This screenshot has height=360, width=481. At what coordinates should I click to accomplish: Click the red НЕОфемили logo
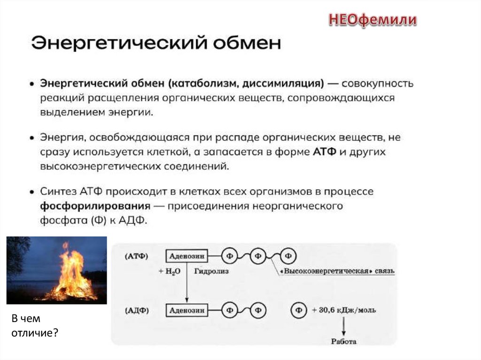[372, 20]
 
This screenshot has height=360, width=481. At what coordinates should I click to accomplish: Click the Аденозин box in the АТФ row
[186, 256]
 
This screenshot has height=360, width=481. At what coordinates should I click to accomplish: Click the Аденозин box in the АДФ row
[186, 310]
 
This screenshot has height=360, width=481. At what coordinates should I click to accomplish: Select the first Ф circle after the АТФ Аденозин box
[230, 256]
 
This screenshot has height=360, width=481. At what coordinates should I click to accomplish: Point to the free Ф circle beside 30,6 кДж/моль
[298, 310]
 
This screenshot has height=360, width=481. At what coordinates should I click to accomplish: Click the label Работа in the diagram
[344, 342]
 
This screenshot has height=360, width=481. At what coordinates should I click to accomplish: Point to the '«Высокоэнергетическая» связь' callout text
[337, 272]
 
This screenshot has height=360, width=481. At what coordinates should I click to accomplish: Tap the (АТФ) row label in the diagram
[136, 256]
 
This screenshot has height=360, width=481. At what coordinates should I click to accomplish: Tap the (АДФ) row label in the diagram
[136, 310]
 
